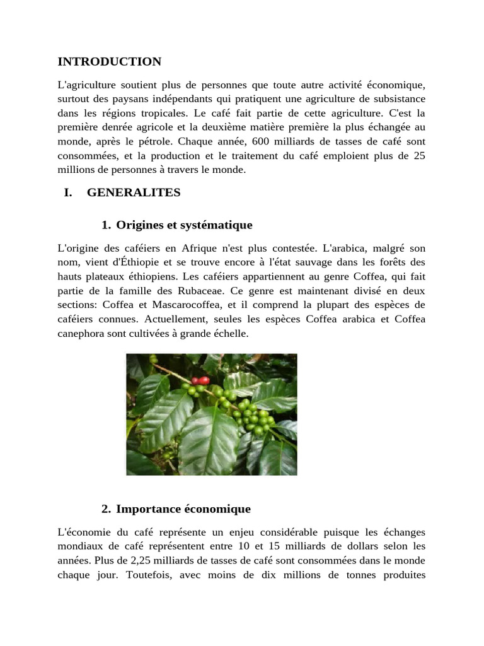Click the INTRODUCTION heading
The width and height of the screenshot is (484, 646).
coord(110,62)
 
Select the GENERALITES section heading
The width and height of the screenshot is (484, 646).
coord(134,193)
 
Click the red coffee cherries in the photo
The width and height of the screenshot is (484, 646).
coord(200,380)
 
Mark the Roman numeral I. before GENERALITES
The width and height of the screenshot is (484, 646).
coord(68,193)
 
